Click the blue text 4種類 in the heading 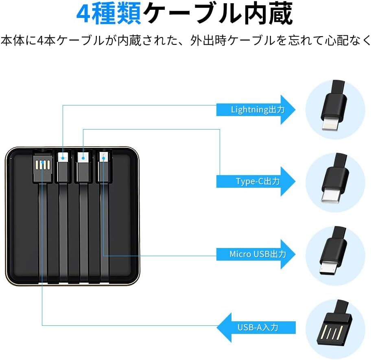109,15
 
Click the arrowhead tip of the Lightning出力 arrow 295,110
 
